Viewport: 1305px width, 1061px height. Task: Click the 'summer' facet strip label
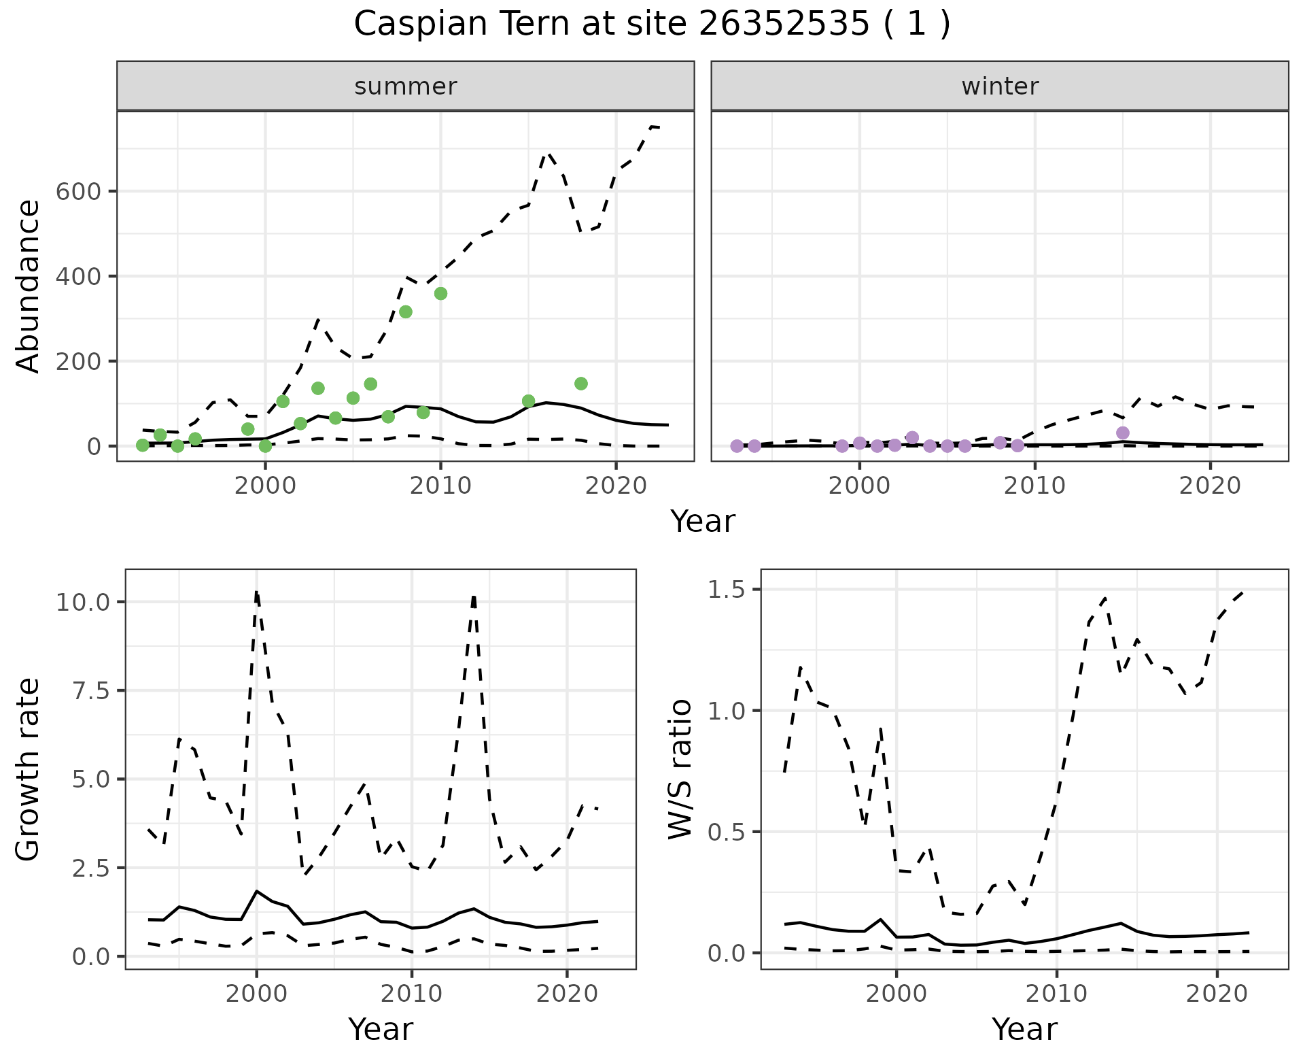tap(406, 86)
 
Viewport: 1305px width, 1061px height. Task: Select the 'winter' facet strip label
tap(1000, 86)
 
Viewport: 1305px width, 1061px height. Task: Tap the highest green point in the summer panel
tap(440, 293)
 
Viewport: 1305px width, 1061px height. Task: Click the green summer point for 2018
tap(581, 384)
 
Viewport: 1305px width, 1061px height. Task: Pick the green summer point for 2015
tap(528, 401)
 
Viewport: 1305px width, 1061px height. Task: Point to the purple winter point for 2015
tap(1123, 433)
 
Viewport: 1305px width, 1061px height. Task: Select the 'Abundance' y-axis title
tap(29, 286)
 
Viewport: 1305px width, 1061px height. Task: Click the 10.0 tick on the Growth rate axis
tap(90, 603)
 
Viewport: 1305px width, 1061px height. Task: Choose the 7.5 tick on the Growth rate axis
tap(95, 691)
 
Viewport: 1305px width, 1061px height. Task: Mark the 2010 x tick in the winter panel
tap(1035, 486)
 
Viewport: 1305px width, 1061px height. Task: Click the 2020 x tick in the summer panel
tap(615, 486)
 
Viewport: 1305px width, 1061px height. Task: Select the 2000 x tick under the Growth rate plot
tap(256, 994)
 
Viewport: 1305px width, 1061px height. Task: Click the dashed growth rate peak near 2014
tap(474, 596)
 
